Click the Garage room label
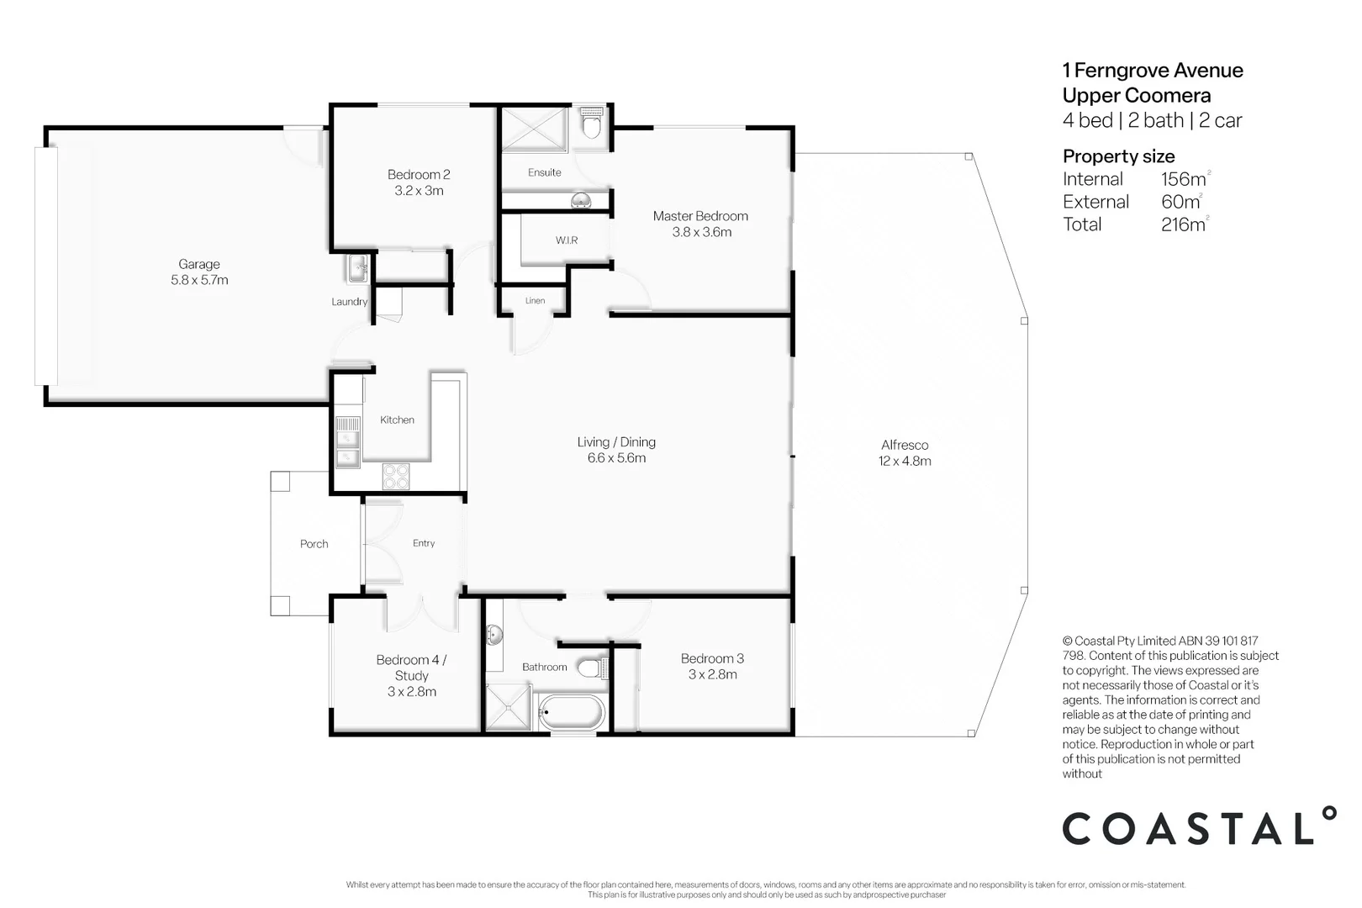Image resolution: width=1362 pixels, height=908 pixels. pyautogui.click(x=199, y=264)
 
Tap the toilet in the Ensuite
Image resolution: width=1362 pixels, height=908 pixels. pyautogui.click(x=592, y=125)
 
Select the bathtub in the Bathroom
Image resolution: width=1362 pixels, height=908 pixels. pyautogui.click(x=571, y=713)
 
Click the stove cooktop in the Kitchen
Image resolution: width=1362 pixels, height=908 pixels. pyautogui.click(x=396, y=476)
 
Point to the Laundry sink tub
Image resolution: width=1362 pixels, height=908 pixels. pyautogui.click(x=357, y=269)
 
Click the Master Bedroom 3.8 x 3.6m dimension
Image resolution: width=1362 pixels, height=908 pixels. pyautogui.click(x=701, y=232)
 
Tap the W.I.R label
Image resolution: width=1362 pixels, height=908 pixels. pyautogui.click(x=567, y=240)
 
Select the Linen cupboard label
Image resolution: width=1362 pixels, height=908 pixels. pyautogui.click(x=535, y=301)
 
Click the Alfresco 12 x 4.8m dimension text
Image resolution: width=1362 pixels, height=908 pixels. pyautogui.click(x=905, y=461)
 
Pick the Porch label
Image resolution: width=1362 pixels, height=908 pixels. pyautogui.click(x=314, y=544)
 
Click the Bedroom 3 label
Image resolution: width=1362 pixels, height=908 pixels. pyautogui.click(x=712, y=658)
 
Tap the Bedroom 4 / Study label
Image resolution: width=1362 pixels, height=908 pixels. pyautogui.click(x=411, y=668)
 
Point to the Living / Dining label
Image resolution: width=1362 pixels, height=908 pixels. pyautogui.click(x=616, y=442)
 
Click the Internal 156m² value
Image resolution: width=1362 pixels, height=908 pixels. pyautogui.click(x=1185, y=179)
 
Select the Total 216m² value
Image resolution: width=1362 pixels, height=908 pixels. pyautogui.click(x=1185, y=224)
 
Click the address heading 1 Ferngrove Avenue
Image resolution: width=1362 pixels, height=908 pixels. pyautogui.click(x=1153, y=71)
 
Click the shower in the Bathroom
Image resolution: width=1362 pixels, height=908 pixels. pyautogui.click(x=509, y=707)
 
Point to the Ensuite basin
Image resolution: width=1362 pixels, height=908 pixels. pyautogui.click(x=580, y=200)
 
